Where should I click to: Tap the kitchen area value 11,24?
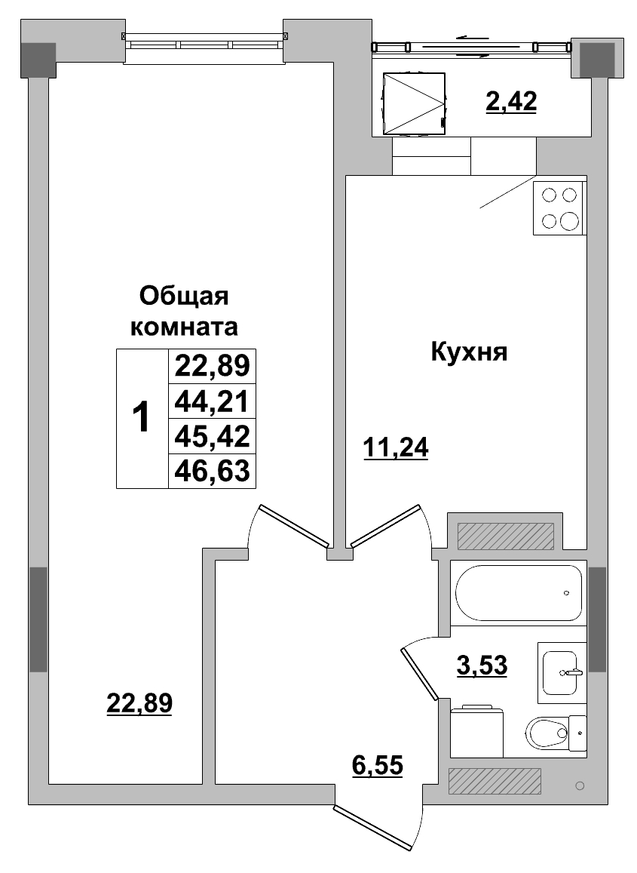[x=395, y=448]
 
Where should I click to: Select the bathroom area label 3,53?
[x=482, y=665]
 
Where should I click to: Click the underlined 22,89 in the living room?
[x=139, y=703]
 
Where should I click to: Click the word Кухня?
[x=469, y=352]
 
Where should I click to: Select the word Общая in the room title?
[x=184, y=296]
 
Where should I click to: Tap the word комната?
[x=185, y=327]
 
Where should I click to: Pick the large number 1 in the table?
[x=142, y=418]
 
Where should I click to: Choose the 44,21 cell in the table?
[x=212, y=401]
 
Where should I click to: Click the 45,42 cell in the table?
[x=212, y=436]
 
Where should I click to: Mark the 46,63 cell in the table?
[x=212, y=471]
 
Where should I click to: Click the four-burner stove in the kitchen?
[x=559, y=208]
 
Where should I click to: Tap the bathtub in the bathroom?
[x=519, y=594]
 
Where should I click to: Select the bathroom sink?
[x=562, y=669]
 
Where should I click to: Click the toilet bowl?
[x=547, y=731]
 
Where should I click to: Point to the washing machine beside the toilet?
[x=476, y=730]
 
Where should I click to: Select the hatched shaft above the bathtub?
[x=506, y=536]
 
